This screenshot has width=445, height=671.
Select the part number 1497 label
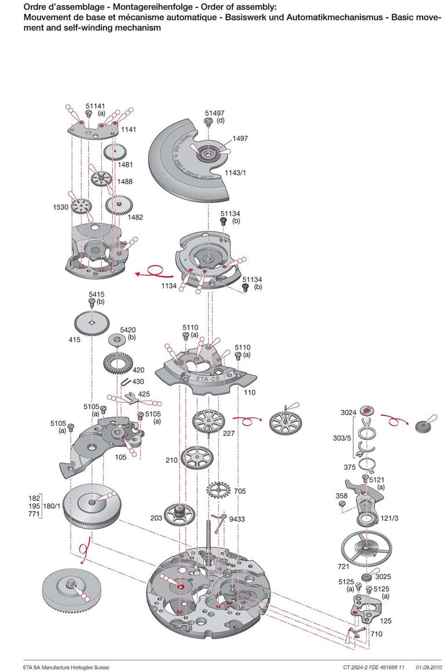click(240, 138)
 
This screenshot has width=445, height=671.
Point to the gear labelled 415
click(91, 321)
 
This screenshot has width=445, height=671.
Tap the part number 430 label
click(138, 381)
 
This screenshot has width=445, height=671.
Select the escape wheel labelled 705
click(218, 490)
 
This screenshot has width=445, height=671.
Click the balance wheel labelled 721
click(363, 545)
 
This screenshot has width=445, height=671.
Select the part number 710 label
click(377, 634)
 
